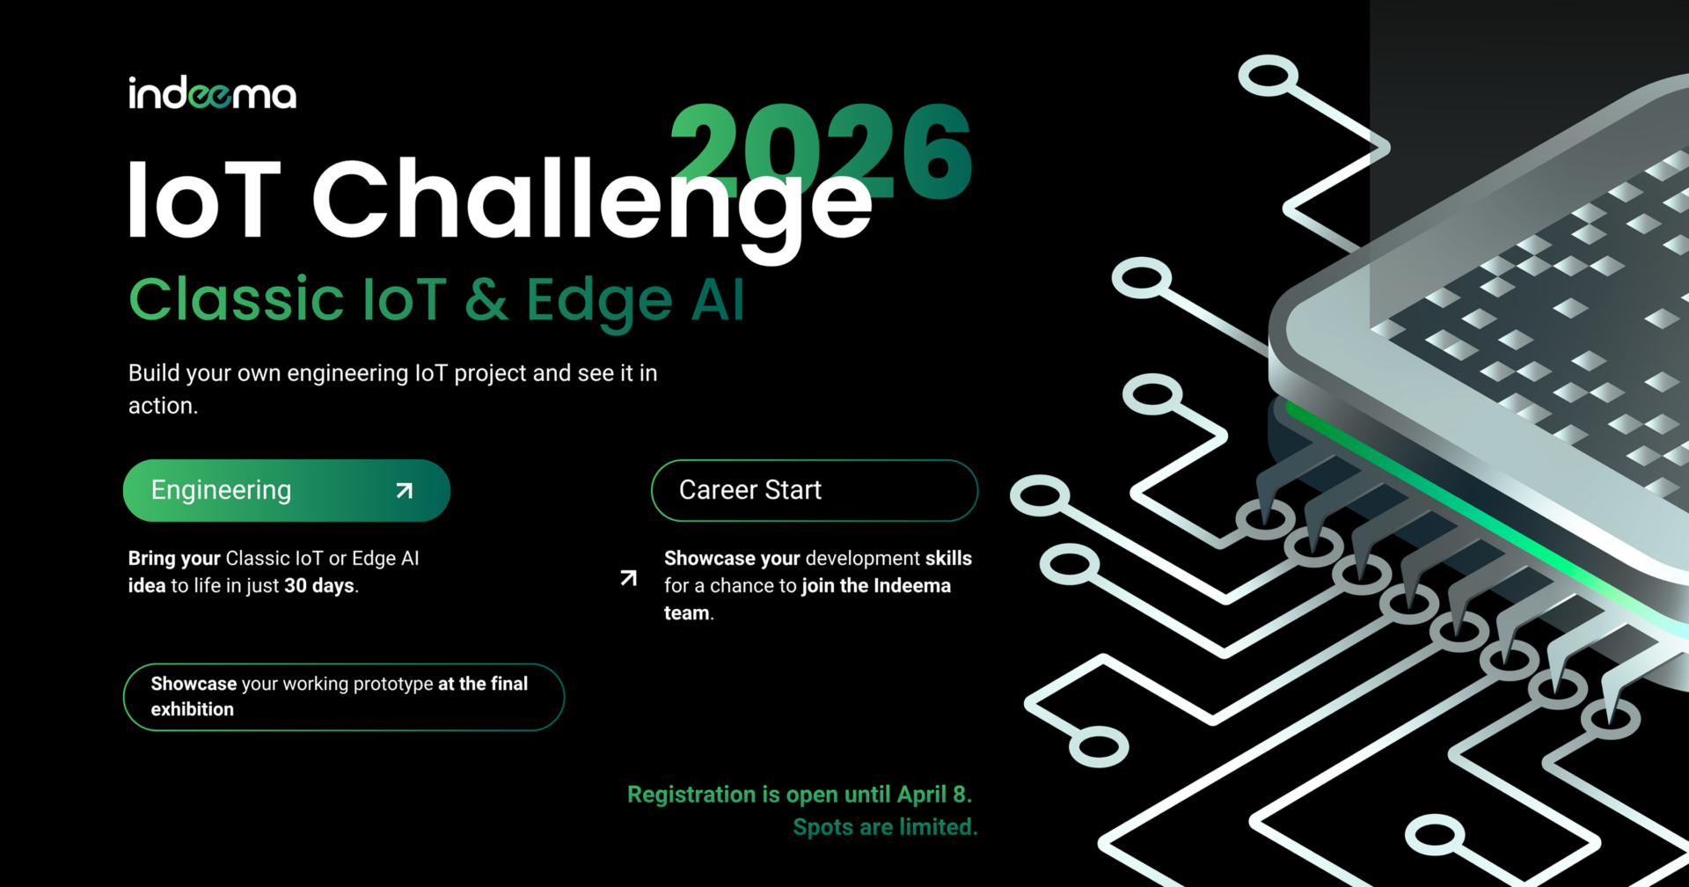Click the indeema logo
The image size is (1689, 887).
pyautogui.click(x=212, y=93)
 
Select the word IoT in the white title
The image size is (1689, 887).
pyautogui.click(x=204, y=200)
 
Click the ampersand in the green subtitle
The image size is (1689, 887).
pyautogui.click(x=486, y=300)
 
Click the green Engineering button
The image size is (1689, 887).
pyautogui.click(x=287, y=490)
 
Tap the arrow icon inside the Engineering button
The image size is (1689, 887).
pyautogui.click(x=405, y=490)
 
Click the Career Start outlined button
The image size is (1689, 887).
pyautogui.click(x=815, y=490)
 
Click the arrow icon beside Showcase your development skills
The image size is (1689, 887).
pyautogui.click(x=628, y=578)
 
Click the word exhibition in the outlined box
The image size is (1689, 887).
pyautogui.click(x=193, y=709)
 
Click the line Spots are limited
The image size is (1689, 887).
pyautogui.click(x=885, y=827)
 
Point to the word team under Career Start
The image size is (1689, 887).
pyautogui.click(x=687, y=613)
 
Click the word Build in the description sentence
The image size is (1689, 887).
pyautogui.click(x=154, y=373)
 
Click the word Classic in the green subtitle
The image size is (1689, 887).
pyautogui.click(x=236, y=299)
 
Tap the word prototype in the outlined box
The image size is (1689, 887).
pyautogui.click(x=391, y=685)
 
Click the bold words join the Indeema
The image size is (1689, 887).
pyautogui.click(x=876, y=586)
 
